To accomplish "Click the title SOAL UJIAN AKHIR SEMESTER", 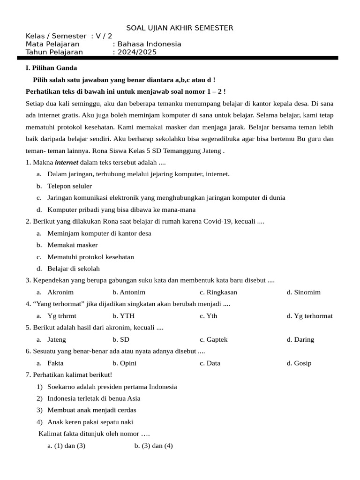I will pos(180,28).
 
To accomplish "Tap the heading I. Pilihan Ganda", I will pos(51,68).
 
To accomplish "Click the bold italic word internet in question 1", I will pos(67,163).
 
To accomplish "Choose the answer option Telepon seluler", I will pos(69,186).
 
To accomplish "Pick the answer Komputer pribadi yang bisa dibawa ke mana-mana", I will pos(121,210).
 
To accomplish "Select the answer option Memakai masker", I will pos(72,245).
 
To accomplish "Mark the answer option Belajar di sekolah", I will pos(73,269).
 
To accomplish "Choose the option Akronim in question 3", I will pos(60,292).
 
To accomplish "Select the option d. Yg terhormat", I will pos(310,316).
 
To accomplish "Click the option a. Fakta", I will pos(55,363).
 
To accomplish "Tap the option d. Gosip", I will pos(299,363).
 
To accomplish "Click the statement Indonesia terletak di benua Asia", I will pos(94,398).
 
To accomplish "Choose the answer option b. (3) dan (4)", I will pos(154,446).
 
